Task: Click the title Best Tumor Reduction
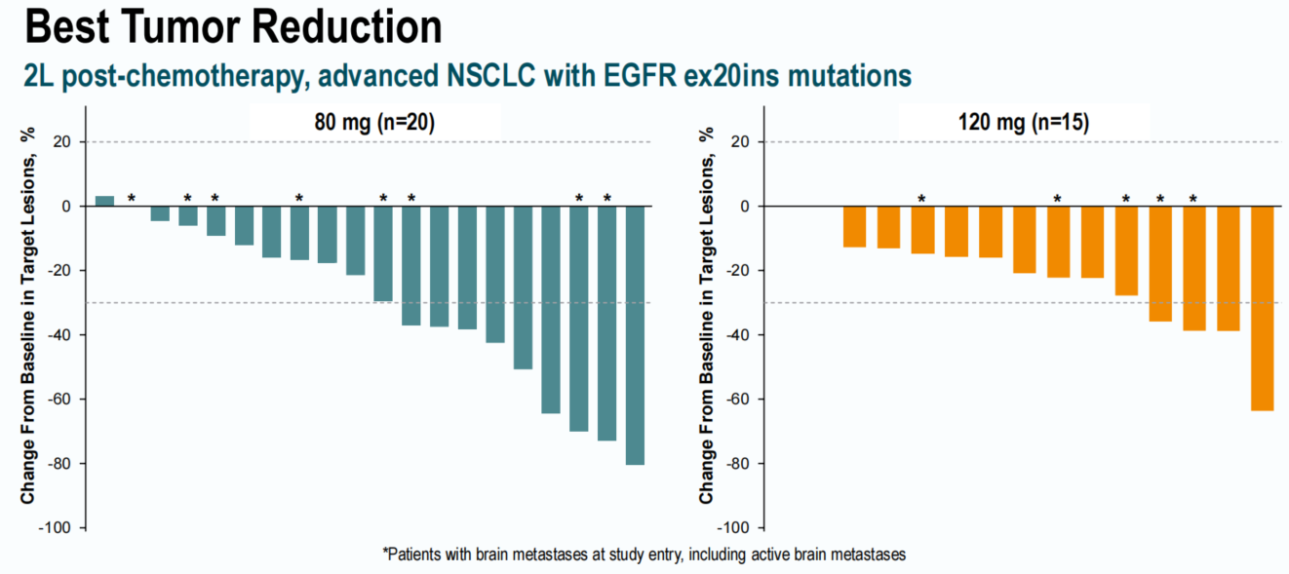point(233,26)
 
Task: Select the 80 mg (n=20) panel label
point(374,124)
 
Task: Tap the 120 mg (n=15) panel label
point(1024,124)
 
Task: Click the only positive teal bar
point(104,202)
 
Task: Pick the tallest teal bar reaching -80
point(635,335)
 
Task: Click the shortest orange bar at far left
point(854,226)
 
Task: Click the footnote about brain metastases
point(644,555)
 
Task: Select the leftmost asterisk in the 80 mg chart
point(132,199)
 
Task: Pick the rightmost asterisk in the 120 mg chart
point(1193,199)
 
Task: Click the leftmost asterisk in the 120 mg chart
point(921,199)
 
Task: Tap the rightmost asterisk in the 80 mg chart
point(607,199)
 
